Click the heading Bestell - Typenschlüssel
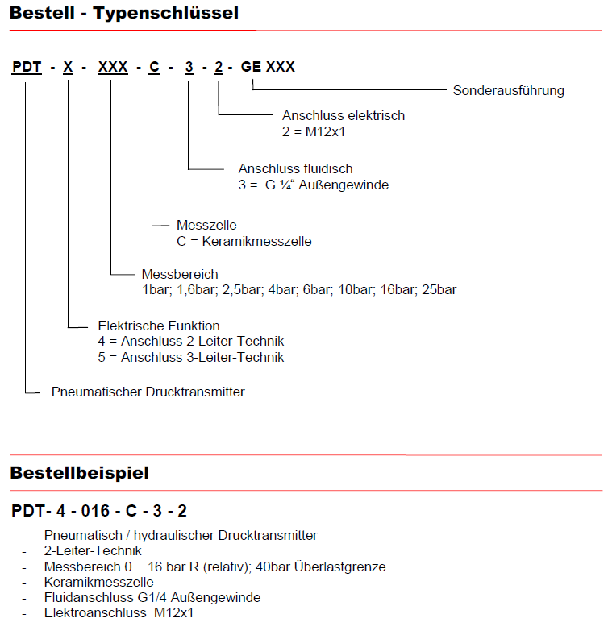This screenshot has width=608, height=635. click(x=124, y=13)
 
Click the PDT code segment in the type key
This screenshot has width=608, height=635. click(x=27, y=67)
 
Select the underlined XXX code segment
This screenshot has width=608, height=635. click(x=113, y=67)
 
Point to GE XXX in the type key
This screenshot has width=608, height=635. click(x=268, y=67)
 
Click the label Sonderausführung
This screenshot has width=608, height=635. click(x=508, y=90)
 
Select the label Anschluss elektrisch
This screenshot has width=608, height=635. click(x=343, y=116)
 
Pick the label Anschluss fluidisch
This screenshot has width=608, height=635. click(x=296, y=169)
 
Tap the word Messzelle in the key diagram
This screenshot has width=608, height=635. click(x=206, y=226)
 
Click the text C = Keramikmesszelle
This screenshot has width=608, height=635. click(x=244, y=241)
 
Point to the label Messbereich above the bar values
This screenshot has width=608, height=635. click(x=179, y=275)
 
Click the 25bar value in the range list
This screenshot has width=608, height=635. click(x=439, y=289)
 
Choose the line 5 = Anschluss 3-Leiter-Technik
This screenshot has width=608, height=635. click(x=190, y=357)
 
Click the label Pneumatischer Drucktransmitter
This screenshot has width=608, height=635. click(x=148, y=392)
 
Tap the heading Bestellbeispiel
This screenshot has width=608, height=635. click(x=79, y=473)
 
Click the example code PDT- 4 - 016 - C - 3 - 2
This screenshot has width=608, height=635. click(x=99, y=511)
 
